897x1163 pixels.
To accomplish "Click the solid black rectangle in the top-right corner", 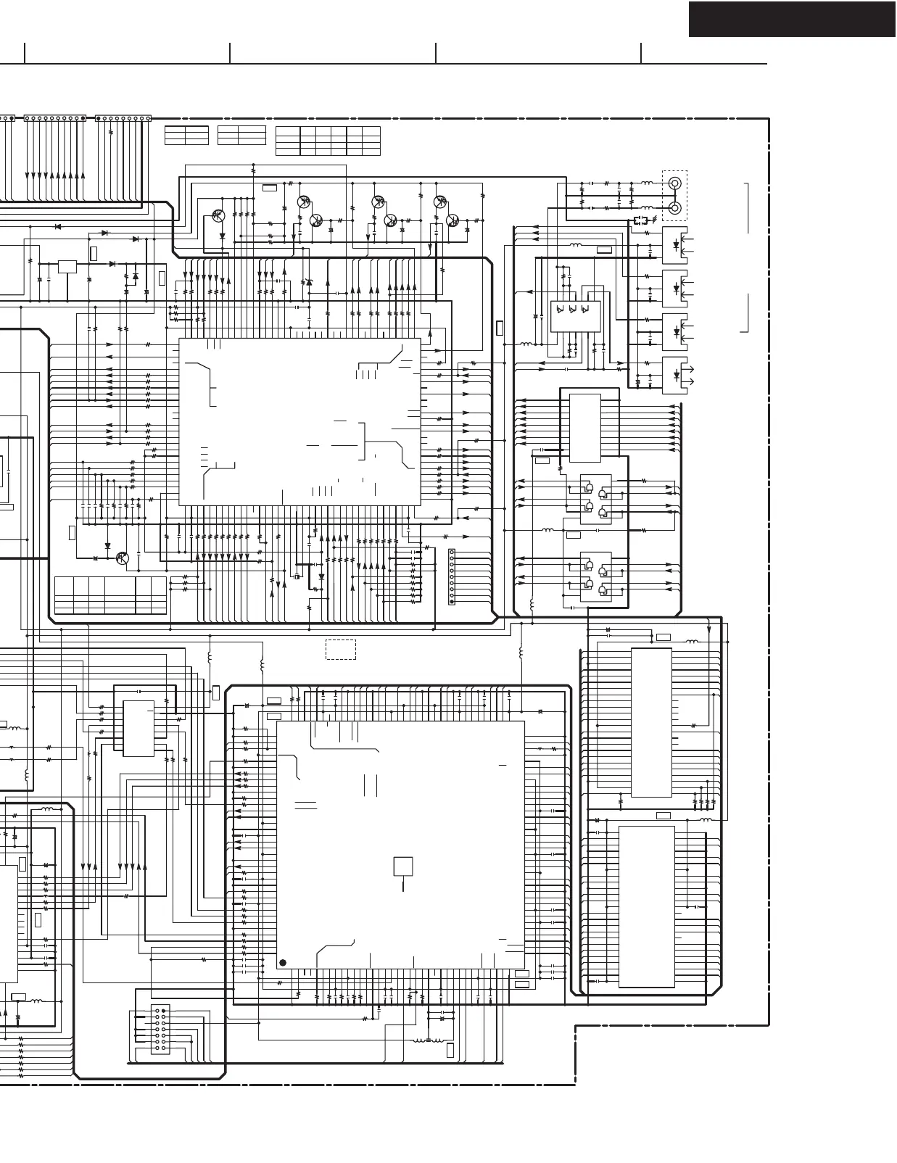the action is [x=792, y=19].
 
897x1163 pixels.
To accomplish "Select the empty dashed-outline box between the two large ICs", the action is [x=340, y=649].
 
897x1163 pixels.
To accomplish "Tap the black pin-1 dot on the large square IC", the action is [x=283, y=963].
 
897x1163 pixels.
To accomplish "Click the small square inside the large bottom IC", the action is [x=403, y=866].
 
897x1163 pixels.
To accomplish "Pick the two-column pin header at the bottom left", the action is [x=160, y=1029].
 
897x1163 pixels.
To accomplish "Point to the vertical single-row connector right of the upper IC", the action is [x=452, y=576].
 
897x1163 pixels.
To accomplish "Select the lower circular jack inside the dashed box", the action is [x=674, y=208].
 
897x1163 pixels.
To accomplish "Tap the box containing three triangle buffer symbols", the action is [x=576, y=316].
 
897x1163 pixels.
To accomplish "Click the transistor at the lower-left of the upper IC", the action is [x=123, y=558].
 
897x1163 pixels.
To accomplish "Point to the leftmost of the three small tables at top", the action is [x=186, y=135].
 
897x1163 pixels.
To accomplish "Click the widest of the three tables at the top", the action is [x=328, y=141].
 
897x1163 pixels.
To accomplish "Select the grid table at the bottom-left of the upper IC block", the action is [x=110, y=595].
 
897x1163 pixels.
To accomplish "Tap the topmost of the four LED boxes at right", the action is [x=674, y=244].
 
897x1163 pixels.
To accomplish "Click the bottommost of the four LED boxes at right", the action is [x=674, y=375].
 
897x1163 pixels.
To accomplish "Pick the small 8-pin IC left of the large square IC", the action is [x=138, y=728].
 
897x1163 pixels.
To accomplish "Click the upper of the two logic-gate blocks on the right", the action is [x=595, y=499].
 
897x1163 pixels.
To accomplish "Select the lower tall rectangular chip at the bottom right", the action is [x=646, y=906].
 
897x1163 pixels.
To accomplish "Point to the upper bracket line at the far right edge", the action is [x=746, y=208].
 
